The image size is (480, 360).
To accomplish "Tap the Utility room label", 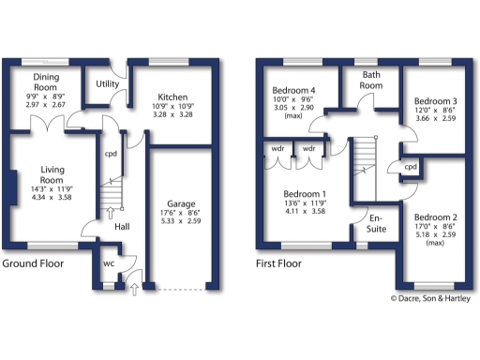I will pyautogui.click(x=107, y=84).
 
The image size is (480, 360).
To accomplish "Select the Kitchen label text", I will pyautogui.click(x=172, y=97).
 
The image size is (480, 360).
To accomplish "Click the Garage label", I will pyautogui.click(x=181, y=203).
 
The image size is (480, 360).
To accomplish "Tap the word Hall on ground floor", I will pyautogui.click(x=121, y=227).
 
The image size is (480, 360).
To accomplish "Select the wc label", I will pyautogui.click(x=108, y=263).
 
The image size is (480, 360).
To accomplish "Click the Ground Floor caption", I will pyautogui.click(x=33, y=264).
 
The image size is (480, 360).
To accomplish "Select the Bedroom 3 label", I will pyautogui.click(x=436, y=101).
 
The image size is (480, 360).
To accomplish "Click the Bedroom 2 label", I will pyautogui.click(x=436, y=216).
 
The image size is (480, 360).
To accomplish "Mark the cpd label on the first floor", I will pyautogui.click(x=410, y=167).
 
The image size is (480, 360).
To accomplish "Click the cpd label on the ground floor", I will pyautogui.click(x=111, y=154).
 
